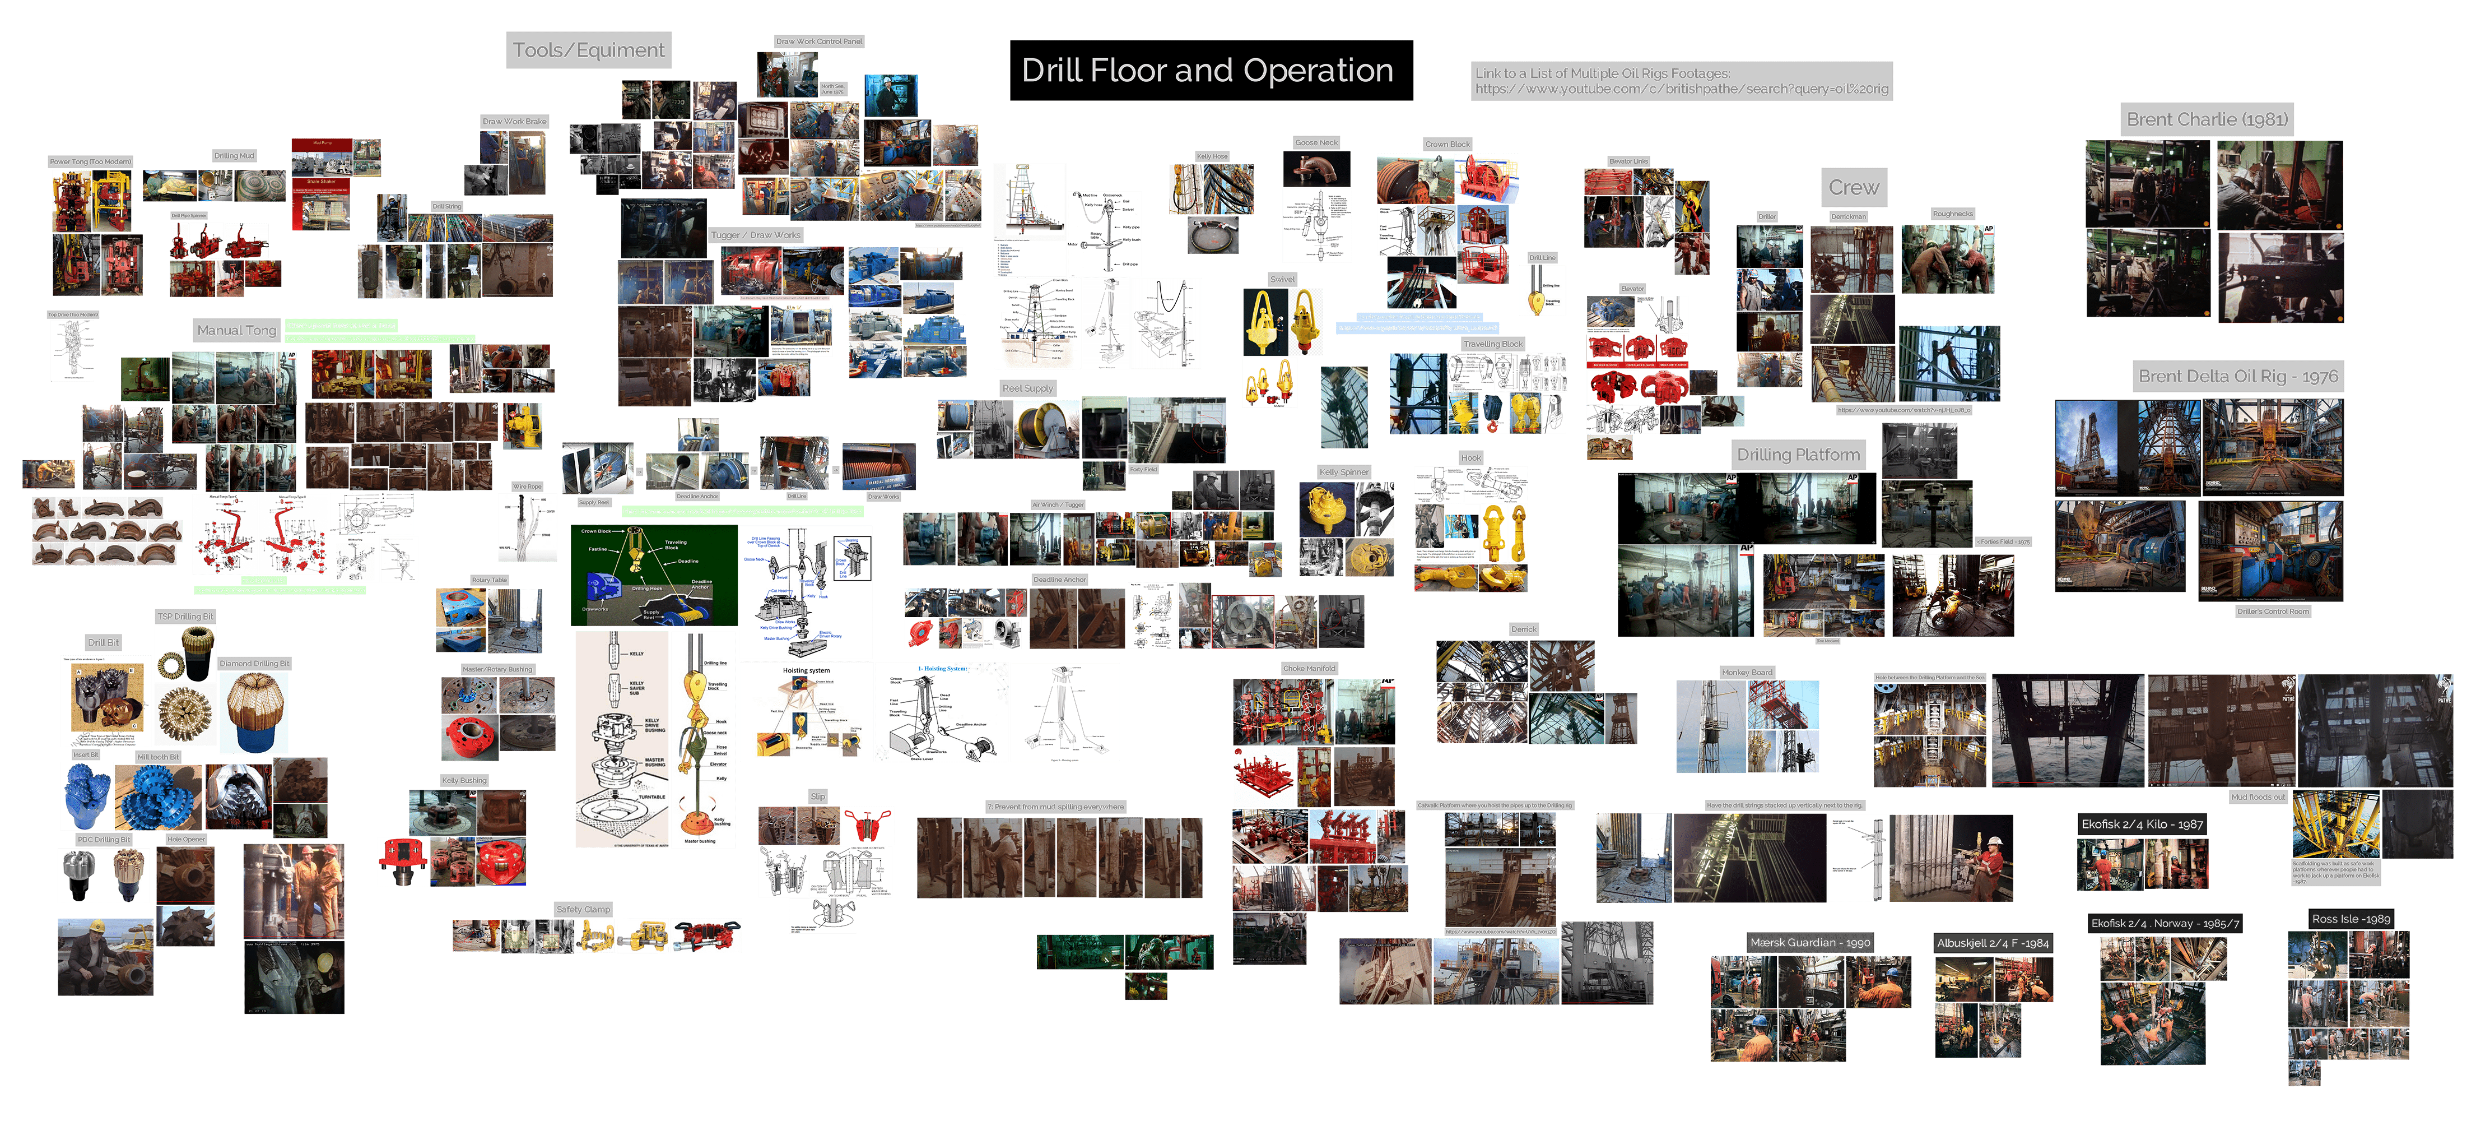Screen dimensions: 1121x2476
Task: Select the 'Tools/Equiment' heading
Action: (x=588, y=50)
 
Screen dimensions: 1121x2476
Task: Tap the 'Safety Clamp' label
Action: (x=583, y=909)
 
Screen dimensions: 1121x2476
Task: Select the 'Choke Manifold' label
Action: (x=1308, y=668)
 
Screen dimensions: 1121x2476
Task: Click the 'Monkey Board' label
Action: (x=1747, y=672)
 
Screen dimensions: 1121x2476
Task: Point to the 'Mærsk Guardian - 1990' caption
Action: (x=1809, y=942)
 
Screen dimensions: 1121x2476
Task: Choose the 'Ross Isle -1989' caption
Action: (x=2350, y=918)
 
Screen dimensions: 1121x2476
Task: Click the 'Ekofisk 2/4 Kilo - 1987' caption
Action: (x=2142, y=824)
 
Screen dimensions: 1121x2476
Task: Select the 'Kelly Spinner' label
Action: (x=1343, y=472)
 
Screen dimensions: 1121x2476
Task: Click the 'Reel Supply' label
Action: (x=1027, y=388)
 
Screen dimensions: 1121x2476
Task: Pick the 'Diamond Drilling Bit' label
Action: (x=254, y=664)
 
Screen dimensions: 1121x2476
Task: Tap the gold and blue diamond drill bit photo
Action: (x=254, y=711)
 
